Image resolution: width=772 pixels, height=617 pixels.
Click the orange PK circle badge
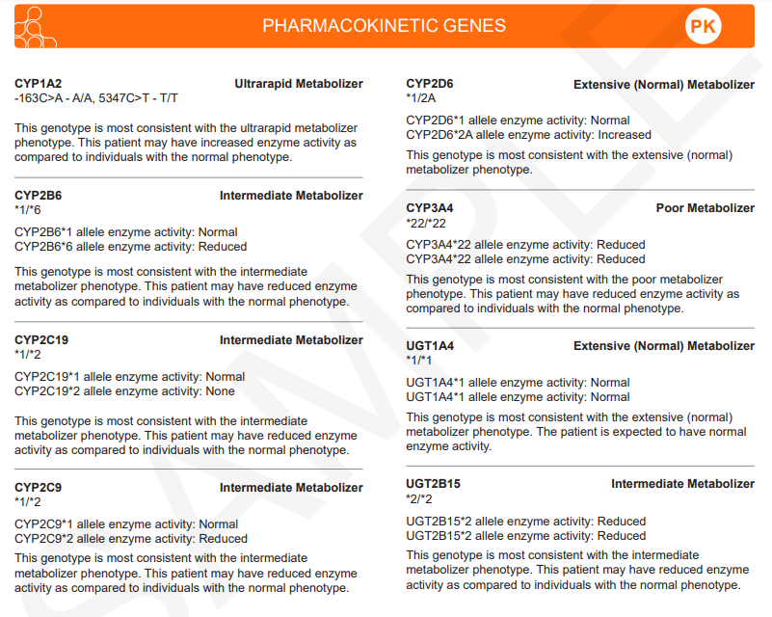point(704,27)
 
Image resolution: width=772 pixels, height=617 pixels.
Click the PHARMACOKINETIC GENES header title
point(384,26)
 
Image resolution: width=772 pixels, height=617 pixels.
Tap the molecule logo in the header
point(35,27)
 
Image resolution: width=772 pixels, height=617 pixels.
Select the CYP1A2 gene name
point(39,84)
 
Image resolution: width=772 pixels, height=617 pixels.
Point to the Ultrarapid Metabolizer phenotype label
point(299,84)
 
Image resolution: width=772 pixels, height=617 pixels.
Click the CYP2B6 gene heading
point(39,196)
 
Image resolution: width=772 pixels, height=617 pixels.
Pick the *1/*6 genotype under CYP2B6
point(28,210)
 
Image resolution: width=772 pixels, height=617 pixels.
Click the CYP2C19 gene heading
point(41,340)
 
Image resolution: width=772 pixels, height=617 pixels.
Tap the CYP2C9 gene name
point(39,488)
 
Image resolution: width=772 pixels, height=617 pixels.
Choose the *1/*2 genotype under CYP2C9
point(28,502)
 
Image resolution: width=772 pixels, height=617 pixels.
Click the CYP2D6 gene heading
point(430,84)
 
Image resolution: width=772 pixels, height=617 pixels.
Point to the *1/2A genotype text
point(421,98)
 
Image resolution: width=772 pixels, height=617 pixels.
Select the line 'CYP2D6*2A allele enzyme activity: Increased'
point(528,135)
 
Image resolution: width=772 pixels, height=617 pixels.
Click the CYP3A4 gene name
point(430,208)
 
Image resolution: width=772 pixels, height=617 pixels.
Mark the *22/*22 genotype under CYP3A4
point(426,224)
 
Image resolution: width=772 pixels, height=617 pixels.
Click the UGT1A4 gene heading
point(430,346)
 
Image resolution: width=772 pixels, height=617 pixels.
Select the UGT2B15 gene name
point(434,484)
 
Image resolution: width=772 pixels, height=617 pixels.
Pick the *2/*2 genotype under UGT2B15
point(419,499)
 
